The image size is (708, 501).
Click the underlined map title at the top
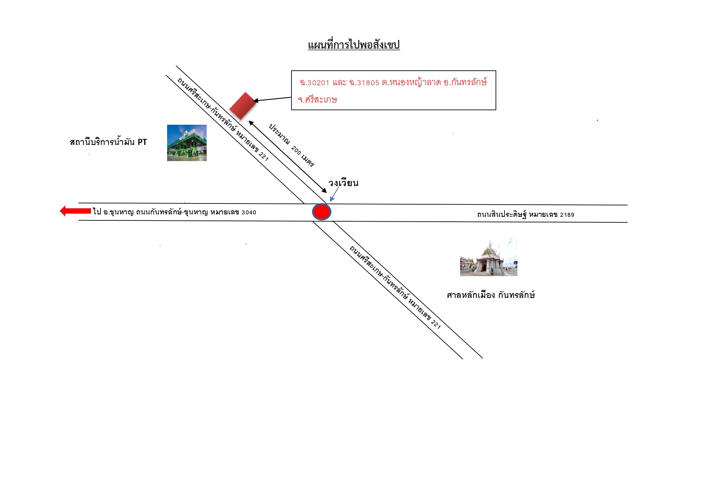pos(354,45)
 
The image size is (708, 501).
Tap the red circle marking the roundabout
pos(322,212)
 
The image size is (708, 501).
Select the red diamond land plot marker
pos(243,106)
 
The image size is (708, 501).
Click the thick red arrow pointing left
pos(75,211)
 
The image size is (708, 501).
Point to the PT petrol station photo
pos(187,143)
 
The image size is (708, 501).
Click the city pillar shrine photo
pos(489,257)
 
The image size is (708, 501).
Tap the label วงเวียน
pos(344,183)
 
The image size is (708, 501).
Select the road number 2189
pos(567,215)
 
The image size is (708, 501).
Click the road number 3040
pos(249,212)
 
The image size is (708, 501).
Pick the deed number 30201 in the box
pos(318,83)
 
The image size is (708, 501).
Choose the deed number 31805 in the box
pos(368,83)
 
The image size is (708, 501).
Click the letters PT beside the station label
pos(142,142)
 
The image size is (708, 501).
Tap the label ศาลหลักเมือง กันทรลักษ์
pos(491,295)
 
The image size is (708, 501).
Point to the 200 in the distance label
pos(296,151)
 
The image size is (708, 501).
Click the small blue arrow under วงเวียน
pos(334,194)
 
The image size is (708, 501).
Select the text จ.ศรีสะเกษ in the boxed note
pos(317,100)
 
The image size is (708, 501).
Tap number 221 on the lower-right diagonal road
pos(436,324)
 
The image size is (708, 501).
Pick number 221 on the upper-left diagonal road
pos(264,156)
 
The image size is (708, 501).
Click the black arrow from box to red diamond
pos(272,99)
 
